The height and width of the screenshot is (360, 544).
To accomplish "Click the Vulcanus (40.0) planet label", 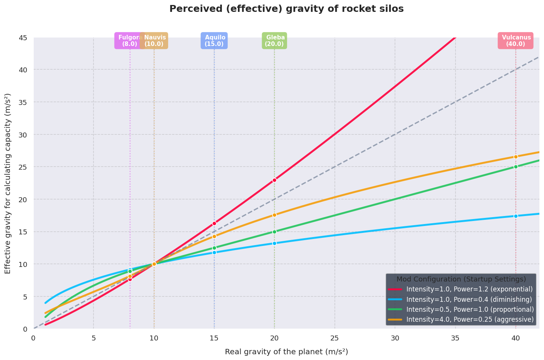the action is (x=515, y=41).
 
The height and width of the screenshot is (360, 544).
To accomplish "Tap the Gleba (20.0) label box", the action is (x=274, y=41).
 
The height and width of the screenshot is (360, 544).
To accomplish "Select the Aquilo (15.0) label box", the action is (x=214, y=41).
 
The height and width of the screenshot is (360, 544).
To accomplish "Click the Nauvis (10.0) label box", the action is (x=154, y=41).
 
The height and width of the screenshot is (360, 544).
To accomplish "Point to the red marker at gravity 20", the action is (x=274, y=180).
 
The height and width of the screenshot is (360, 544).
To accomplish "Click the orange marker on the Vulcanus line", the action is (x=516, y=157).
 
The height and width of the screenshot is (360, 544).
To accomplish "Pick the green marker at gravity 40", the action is (x=516, y=167).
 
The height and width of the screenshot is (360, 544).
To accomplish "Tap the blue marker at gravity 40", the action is (x=516, y=216).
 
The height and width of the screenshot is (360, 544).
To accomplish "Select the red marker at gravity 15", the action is (x=214, y=223).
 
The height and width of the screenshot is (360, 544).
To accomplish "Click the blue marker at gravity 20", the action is (x=274, y=243).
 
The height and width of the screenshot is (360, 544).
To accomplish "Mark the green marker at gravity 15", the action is (x=214, y=248).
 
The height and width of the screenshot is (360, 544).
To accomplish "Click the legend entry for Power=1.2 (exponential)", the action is (x=460, y=289).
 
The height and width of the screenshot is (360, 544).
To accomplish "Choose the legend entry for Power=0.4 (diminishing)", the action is (x=460, y=299).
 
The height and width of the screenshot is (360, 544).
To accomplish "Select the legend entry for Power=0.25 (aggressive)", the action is (x=461, y=319).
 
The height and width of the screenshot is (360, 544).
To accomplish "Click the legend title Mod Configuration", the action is (x=461, y=279).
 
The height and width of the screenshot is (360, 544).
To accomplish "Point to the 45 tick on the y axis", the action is (x=23, y=38).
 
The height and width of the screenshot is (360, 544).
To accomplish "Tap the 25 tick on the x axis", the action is (x=335, y=338).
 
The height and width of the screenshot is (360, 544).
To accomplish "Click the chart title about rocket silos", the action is (x=287, y=9).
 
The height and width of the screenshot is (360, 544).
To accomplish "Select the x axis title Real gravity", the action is (x=287, y=352).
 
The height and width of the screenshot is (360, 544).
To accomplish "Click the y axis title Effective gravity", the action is (x=8, y=183).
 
